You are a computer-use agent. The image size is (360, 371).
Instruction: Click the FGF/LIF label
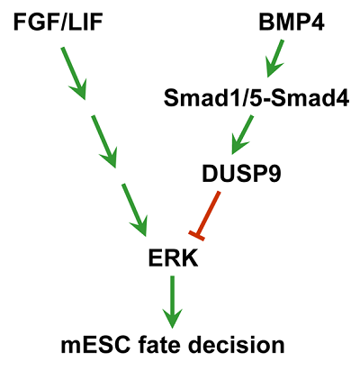pyautogui.click(x=58, y=23)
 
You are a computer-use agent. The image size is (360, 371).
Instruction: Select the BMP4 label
pyautogui.click(x=292, y=23)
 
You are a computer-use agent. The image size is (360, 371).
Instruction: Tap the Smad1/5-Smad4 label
pyautogui.click(x=256, y=98)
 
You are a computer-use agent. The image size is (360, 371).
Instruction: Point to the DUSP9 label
pyautogui.click(x=241, y=174)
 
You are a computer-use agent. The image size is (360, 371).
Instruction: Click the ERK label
pyautogui.click(x=173, y=258)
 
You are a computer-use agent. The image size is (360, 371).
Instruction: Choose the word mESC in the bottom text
pyautogui.click(x=95, y=346)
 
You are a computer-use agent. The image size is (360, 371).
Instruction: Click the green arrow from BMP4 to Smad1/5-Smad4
pyautogui.click(x=274, y=59)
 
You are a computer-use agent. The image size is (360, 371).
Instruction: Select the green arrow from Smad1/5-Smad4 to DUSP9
pyautogui.click(x=242, y=135)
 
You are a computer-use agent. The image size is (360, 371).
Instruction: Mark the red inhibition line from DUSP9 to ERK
pyautogui.click(x=205, y=216)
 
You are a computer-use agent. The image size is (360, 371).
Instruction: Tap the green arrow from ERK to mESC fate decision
pyautogui.click(x=172, y=302)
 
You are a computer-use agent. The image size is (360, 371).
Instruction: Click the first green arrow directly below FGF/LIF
pyautogui.click(x=74, y=73)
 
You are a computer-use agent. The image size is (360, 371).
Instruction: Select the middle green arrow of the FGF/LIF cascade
pyautogui.click(x=104, y=141)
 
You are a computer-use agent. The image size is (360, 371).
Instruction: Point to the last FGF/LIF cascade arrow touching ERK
pyautogui.click(x=134, y=210)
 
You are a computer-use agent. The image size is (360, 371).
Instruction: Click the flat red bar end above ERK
pyautogui.click(x=197, y=236)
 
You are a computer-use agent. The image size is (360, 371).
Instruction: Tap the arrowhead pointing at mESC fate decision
pyautogui.click(x=172, y=318)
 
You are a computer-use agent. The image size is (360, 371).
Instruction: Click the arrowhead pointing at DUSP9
pyautogui.click(x=238, y=147)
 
